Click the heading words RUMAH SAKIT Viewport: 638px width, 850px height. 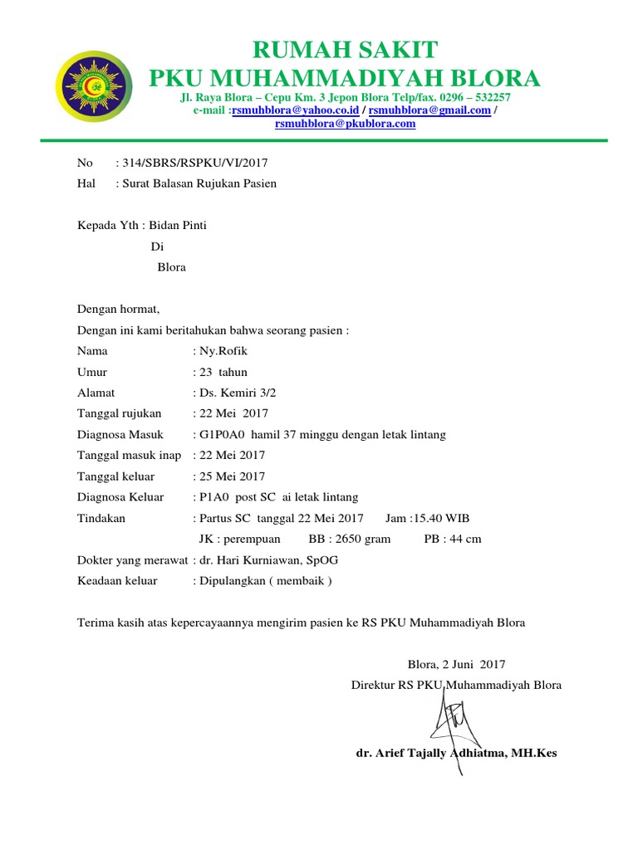point(344,49)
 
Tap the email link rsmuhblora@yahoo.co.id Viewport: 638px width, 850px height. point(295,110)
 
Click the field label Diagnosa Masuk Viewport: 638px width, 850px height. point(120,434)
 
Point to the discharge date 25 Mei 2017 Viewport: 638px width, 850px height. point(232,476)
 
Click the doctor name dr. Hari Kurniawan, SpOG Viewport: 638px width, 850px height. point(268,559)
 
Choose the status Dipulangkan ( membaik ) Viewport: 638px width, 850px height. point(265,580)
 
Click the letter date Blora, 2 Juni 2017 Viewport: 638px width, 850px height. point(455,664)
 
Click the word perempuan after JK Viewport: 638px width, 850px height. point(253,539)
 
